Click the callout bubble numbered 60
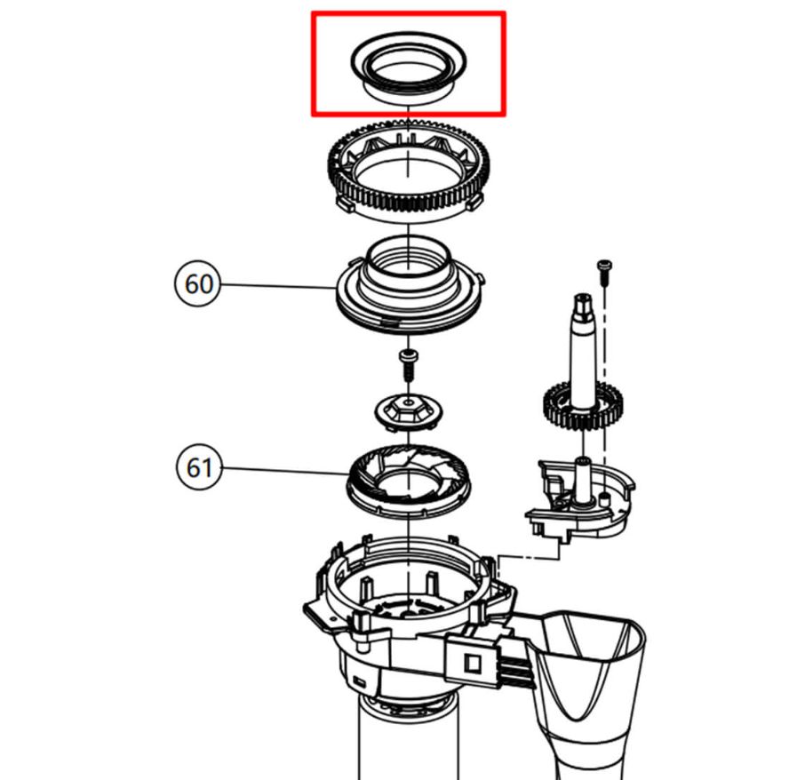(197, 284)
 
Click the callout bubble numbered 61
(197, 466)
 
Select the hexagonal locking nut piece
(408, 410)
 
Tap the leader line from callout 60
(275, 285)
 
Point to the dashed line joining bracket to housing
(524, 558)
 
